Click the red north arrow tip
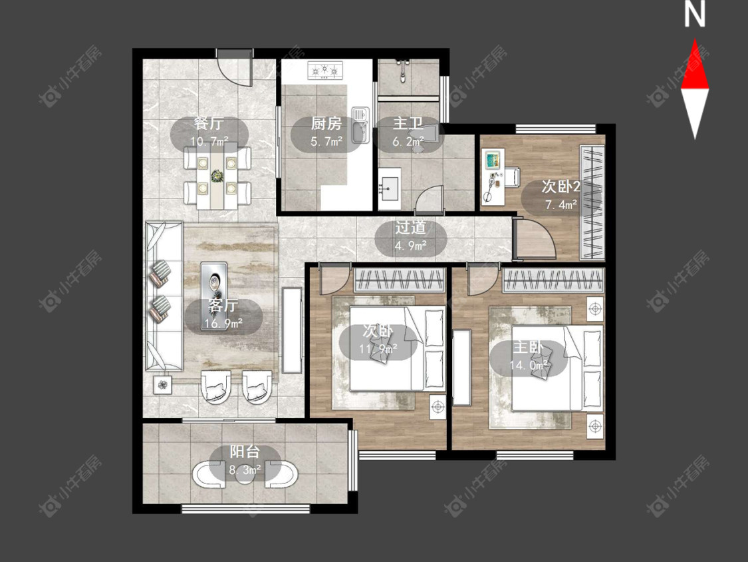tap(695, 40)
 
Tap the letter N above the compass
tap(695, 15)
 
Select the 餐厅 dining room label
tap(209, 123)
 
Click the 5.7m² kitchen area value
tap(326, 141)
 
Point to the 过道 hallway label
tap(410, 228)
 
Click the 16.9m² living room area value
tap(223, 324)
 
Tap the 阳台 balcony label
tap(245, 452)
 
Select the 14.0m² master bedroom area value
tap(529, 366)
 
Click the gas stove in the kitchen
tap(325, 71)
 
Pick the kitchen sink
tap(360, 125)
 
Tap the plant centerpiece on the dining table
tap(217, 176)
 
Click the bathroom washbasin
tap(390, 188)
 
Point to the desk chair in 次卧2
tap(512, 176)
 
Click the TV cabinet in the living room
tap(292, 330)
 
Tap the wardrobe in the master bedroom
tap(553, 280)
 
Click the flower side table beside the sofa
tap(163, 384)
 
